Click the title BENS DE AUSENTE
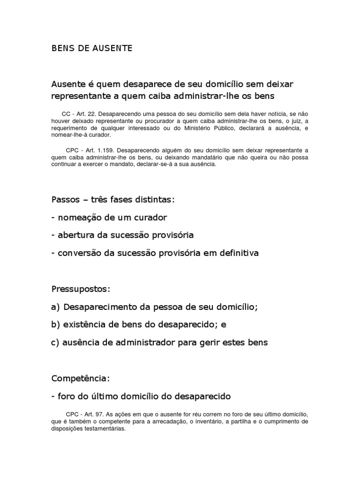click(92, 48)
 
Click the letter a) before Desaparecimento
click(56, 307)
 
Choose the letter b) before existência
click(56, 324)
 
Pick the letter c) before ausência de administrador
click(56, 342)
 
